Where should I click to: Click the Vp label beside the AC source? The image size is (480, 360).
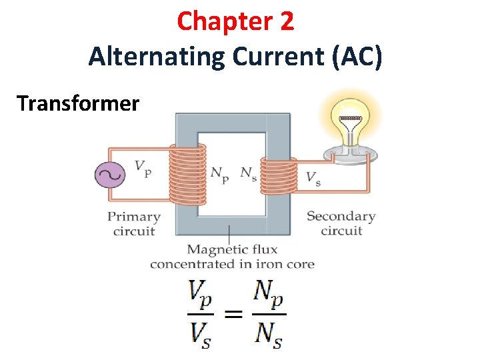(x=143, y=167)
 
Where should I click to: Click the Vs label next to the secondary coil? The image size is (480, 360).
(x=313, y=178)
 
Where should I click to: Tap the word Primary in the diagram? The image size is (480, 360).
(x=134, y=217)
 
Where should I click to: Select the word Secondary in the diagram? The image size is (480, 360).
(x=341, y=217)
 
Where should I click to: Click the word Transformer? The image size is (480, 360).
(x=79, y=103)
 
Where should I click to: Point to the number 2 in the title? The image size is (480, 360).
(x=286, y=22)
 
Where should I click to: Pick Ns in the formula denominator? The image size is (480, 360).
(x=268, y=333)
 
